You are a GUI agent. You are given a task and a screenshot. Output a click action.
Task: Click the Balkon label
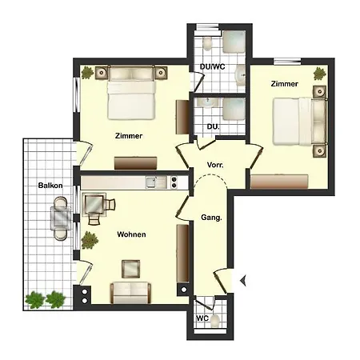pyautogui.click(x=50, y=185)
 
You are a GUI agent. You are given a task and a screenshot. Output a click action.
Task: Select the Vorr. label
pyautogui.click(x=214, y=165)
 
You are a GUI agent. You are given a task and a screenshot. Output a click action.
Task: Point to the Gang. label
pyautogui.click(x=210, y=217)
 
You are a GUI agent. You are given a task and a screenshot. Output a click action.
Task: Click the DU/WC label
pyautogui.click(x=211, y=69)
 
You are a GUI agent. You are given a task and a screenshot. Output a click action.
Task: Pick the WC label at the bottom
pyautogui.click(x=203, y=317)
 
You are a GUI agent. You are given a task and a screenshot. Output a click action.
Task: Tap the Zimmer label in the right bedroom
pyautogui.click(x=285, y=84)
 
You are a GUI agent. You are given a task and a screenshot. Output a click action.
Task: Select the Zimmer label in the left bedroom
pyautogui.click(x=128, y=135)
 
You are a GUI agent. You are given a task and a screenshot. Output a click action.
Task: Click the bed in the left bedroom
pyautogui.click(x=131, y=93)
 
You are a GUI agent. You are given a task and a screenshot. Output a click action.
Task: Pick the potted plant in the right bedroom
pyautogui.click(x=320, y=74)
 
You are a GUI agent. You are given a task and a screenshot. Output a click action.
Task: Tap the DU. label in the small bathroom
pyautogui.click(x=213, y=126)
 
